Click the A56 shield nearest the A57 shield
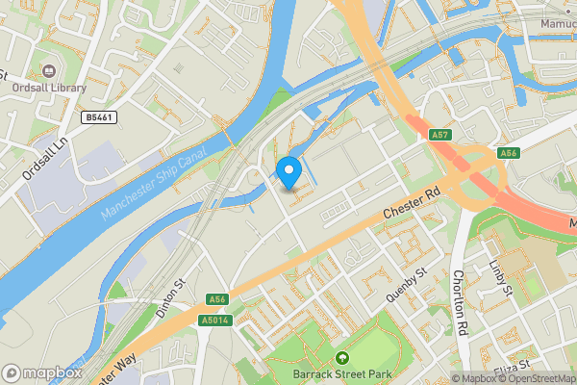click(509, 153)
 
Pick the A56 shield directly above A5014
click(215, 299)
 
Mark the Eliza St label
click(510, 368)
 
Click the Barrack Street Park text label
click(339, 374)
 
